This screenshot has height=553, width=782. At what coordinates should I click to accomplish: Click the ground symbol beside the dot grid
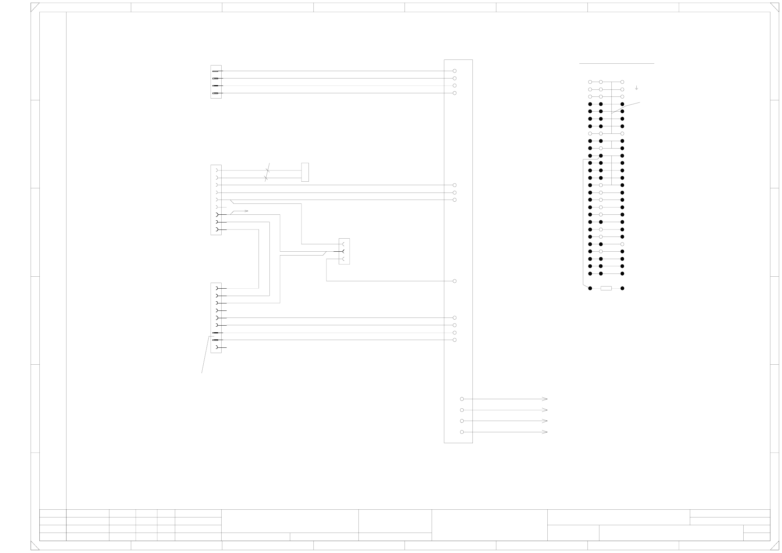636,88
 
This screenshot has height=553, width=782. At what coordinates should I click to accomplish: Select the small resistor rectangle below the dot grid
606,288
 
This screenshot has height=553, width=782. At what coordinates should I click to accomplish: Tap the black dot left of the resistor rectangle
590,288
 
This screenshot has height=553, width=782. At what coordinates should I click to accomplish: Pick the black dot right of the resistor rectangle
622,288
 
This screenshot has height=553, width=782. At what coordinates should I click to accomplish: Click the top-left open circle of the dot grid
590,82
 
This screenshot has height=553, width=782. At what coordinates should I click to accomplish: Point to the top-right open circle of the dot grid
622,82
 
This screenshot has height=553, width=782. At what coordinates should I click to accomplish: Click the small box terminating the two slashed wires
305,172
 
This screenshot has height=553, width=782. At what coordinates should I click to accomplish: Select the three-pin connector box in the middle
344,251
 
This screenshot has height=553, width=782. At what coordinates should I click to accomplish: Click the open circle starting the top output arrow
462,399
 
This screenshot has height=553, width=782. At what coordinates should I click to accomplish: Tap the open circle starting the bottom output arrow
462,432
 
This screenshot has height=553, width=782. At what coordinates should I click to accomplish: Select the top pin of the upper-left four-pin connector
216,71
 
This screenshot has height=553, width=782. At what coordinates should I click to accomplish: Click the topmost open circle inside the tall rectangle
454,71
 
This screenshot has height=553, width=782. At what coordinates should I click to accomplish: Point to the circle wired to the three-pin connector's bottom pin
454,281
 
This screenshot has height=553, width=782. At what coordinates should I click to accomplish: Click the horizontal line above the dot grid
616,64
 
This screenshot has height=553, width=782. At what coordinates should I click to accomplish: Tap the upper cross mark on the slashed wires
268,170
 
